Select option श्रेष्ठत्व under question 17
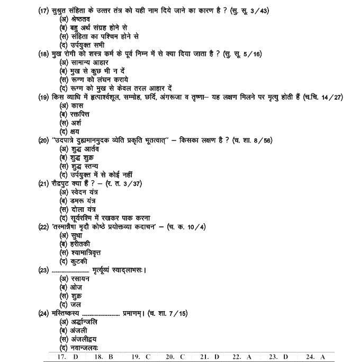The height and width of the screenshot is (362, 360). click(79, 20)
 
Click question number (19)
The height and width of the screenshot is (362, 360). click(44, 97)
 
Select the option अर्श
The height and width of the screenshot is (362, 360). click(70, 123)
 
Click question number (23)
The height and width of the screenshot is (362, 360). click(44, 270)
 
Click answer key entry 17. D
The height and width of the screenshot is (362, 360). click(68, 357)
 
